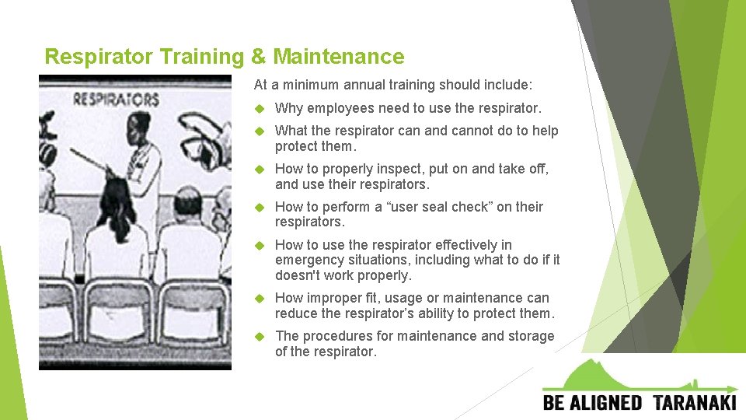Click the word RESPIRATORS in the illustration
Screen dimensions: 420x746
tap(116, 100)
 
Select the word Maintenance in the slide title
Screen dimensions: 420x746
tap(338, 57)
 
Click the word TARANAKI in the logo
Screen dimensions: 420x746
tap(694, 402)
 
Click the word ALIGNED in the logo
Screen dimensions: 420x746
tap(610, 402)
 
